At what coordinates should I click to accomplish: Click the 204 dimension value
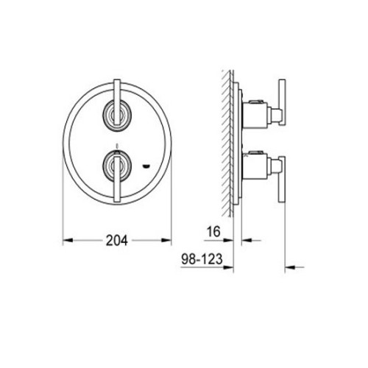117,241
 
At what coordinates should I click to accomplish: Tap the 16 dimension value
213,232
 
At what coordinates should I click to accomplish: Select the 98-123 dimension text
202,259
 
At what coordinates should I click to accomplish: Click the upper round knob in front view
117,114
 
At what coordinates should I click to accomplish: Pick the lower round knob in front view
117,166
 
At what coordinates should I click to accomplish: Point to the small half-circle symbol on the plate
146,167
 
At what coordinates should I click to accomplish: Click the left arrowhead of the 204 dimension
68,241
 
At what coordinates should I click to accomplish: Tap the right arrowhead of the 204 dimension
166,241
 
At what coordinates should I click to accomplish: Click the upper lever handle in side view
282,102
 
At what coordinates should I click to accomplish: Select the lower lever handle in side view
282,180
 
